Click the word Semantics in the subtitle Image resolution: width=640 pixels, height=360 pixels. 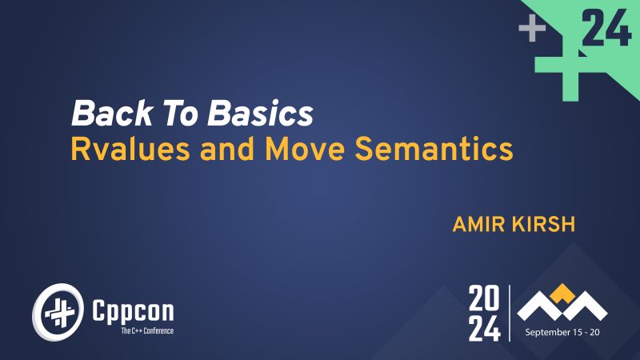coord(437,150)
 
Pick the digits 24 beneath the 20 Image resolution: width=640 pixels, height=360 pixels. coord(486,327)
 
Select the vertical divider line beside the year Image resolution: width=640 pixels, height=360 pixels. coord(510,313)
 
